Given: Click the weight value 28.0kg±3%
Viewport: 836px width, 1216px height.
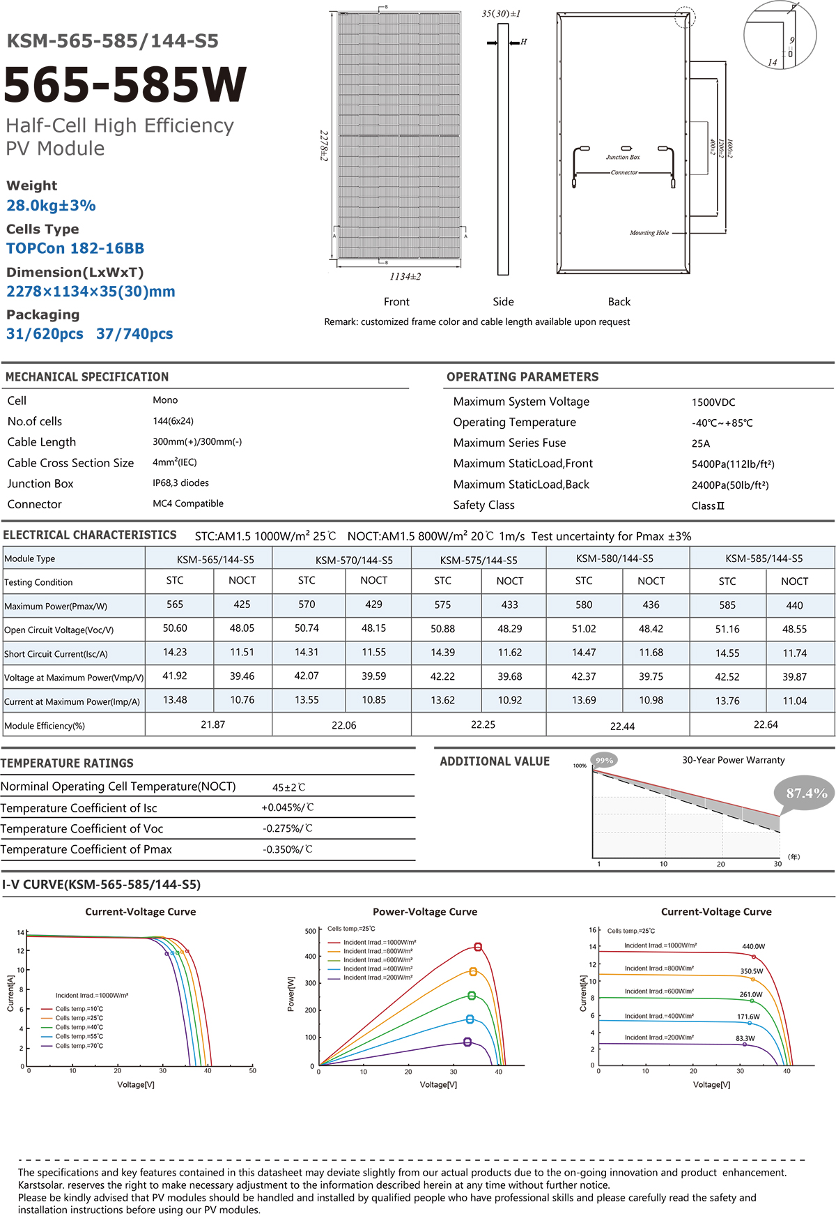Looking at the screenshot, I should click(x=51, y=206).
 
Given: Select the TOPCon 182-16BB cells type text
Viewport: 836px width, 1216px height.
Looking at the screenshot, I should click(x=75, y=249).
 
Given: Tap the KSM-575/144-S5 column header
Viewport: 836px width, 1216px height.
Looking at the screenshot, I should click(x=479, y=560).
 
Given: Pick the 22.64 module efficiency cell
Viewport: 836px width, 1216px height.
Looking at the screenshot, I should click(x=766, y=725).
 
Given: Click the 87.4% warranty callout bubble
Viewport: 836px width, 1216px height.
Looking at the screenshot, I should click(x=806, y=793).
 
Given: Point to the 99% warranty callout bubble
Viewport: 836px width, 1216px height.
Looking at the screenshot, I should click(x=604, y=761).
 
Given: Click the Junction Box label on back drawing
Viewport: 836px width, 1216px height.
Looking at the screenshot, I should click(x=623, y=158).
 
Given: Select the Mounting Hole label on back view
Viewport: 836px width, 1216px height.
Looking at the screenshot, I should click(x=649, y=233).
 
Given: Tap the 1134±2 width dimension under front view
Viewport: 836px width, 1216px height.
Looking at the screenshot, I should click(x=405, y=277).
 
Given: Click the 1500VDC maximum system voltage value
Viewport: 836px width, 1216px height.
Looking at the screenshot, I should click(x=713, y=402).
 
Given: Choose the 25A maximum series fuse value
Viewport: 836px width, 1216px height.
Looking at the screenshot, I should click(x=701, y=443).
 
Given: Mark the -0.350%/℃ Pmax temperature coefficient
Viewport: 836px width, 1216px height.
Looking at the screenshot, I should click(x=288, y=849).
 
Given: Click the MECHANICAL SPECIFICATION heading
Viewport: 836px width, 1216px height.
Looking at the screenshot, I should click(x=87, y=377).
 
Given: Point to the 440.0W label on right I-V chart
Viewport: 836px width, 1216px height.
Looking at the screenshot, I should click(x=753, y=946).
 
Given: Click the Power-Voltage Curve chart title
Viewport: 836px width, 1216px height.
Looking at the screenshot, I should click(x=425, y=911).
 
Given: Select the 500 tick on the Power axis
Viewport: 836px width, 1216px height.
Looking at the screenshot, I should click(x=310, y=931).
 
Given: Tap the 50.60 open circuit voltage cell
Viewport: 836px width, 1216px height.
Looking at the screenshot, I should click(x=175, y=628).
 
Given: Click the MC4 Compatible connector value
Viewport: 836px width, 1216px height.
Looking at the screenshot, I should click(x=188, y=503).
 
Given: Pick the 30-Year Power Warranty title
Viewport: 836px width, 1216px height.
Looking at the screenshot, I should click(x=733, y=760).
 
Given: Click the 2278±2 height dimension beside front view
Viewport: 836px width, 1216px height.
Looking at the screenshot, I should click(x=324, y=145).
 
